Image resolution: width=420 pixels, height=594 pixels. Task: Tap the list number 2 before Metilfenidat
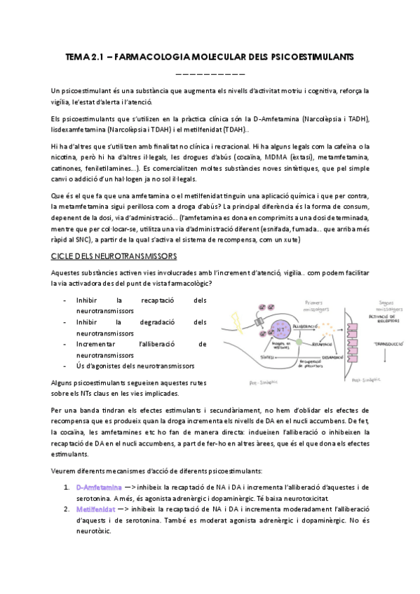pos(66,511)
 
